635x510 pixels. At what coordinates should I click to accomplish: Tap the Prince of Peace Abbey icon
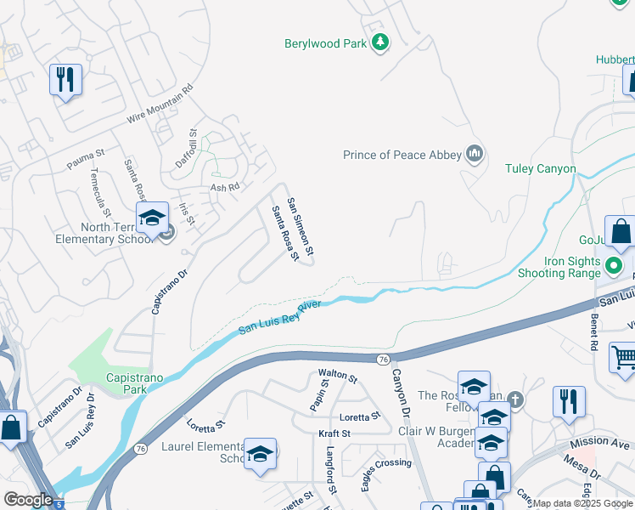pyautogui.click(x=474, y=154)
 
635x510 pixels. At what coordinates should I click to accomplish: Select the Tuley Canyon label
pyautogui.click(x=540, y=168)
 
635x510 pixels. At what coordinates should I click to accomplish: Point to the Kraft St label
pyautogui.click(x=334, y=433)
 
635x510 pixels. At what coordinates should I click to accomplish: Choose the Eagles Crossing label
pyautogui.click(x=386, y=462)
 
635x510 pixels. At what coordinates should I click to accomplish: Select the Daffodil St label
pyautogui.click(x=193, y=145)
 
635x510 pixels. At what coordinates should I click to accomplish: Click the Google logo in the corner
pyautogui.click(x=28, y=500)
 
